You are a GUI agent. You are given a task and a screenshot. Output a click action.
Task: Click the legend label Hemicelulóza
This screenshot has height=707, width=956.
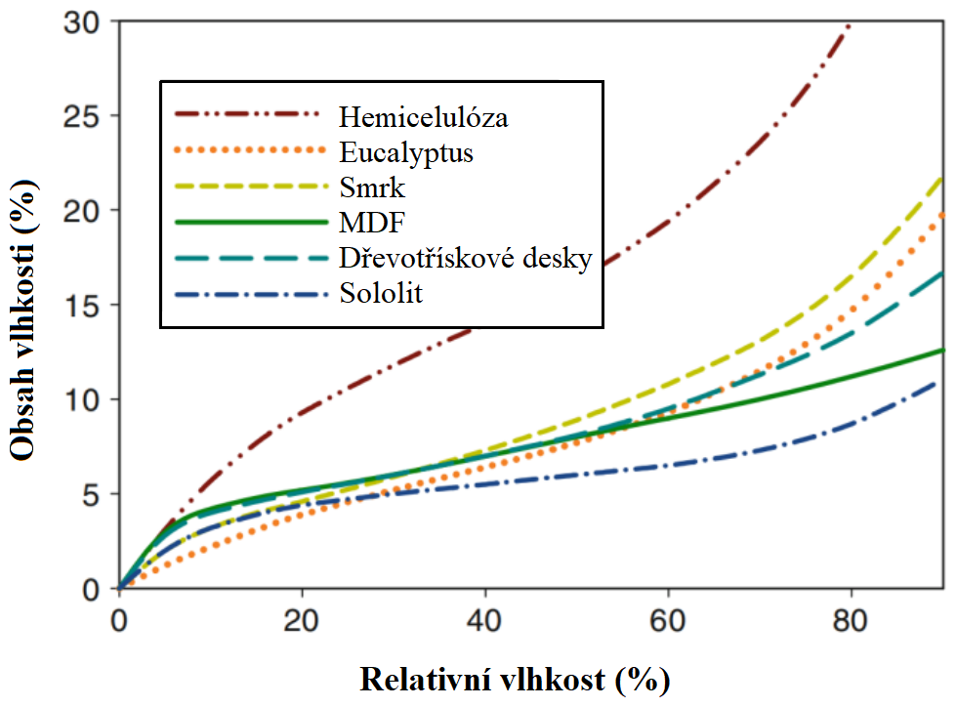[x=424, y=118]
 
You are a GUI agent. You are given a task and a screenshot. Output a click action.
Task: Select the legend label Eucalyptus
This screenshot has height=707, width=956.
[x=407, y=152]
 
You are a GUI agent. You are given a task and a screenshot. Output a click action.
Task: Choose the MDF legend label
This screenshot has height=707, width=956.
[x=367, y=223]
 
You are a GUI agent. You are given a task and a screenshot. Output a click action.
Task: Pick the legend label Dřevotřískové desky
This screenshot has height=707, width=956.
[x=466, y=258]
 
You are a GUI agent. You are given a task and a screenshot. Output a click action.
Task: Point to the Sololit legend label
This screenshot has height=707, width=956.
[x=381, y=293]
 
